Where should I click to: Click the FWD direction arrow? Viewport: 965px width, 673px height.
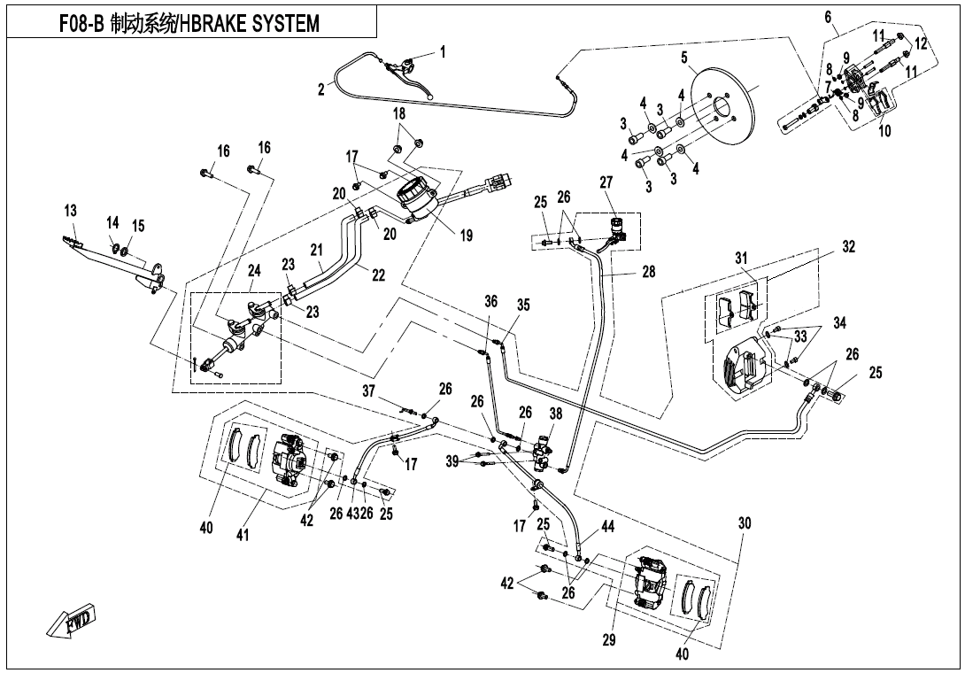[x=73, y=623]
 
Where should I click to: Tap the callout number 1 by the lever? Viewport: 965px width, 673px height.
[x=443, y=52]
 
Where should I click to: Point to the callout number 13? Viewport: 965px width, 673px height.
[x=71, y=211]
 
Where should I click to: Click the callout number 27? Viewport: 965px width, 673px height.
[x=606, y=182]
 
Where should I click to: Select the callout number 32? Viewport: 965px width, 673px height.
[x=848, y=247]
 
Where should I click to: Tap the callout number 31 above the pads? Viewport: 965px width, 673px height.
[x=741, y=258]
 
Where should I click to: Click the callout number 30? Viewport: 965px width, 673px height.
[x=744, y=523]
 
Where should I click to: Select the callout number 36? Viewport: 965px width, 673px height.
[x=491, y=301]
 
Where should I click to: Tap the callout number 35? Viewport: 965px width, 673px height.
[x=523, y=306]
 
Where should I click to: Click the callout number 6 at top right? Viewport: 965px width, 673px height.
[x=828, y=17]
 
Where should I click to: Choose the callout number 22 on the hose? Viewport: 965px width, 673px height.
[x=378, y=275]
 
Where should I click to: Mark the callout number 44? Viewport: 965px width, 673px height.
[x=607, y=527]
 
